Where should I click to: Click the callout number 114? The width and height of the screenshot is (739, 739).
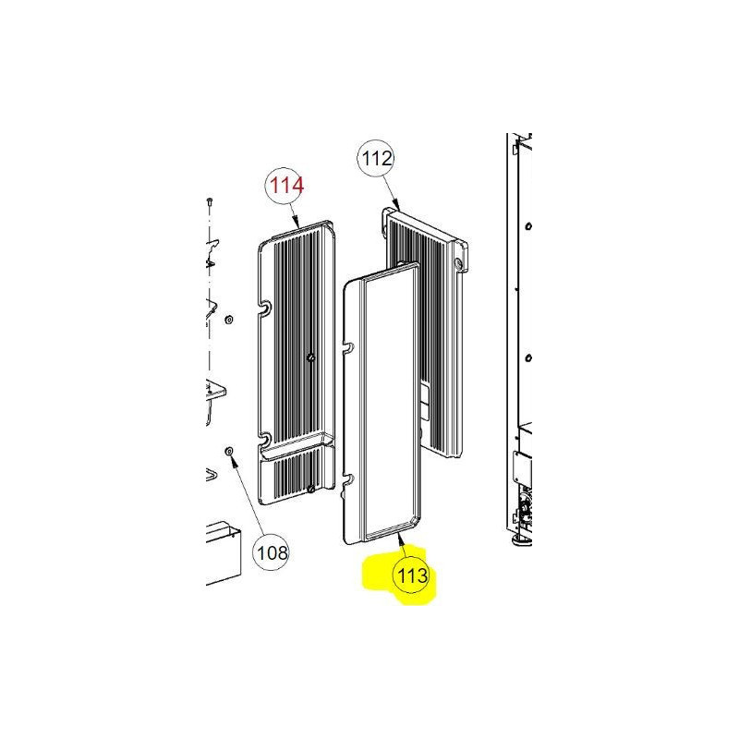pos(286,186)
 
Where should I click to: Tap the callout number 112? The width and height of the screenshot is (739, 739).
pos(377,158)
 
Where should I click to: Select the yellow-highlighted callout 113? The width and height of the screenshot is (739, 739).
pos(413,575)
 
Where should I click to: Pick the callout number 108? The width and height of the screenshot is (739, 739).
pos(273,552)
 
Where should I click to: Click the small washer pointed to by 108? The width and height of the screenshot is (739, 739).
pos(228,452)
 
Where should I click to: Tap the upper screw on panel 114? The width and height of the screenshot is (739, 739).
pos(310,358)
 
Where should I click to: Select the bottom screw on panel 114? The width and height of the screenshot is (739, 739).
pos(310,490)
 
